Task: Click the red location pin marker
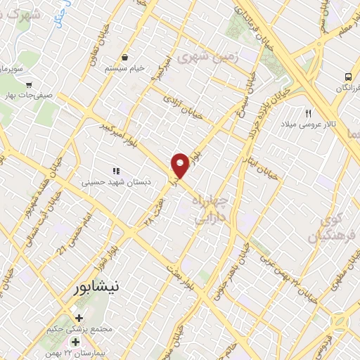pos(181,166)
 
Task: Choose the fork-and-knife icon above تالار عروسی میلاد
pos(307,113)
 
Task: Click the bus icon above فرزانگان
pos(347,77)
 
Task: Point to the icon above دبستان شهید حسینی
pos(116,170)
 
